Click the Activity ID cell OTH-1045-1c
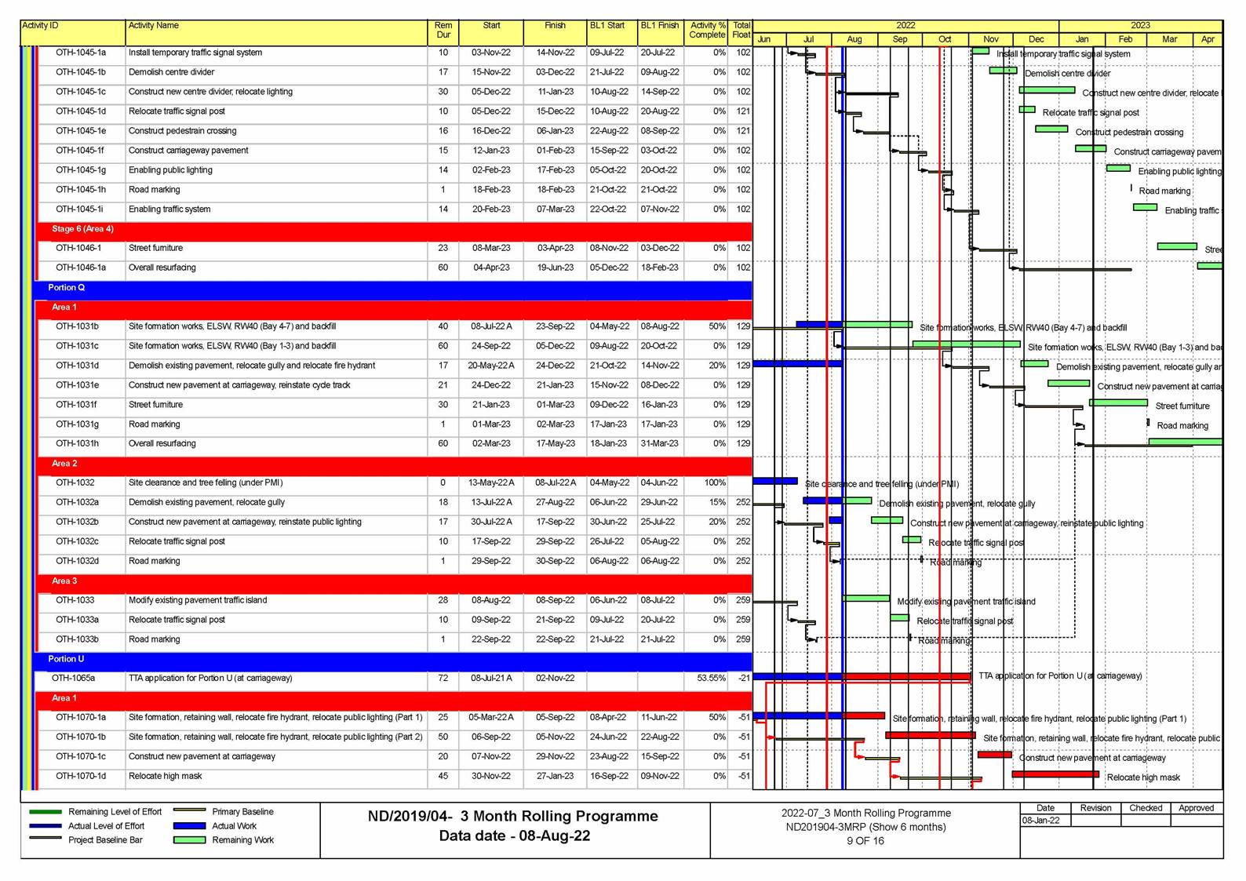click(x=80, y=92)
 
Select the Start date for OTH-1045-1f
click(x=490, y=151)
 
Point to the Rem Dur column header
click(x=443, y=31)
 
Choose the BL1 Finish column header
click(x=659, y=26)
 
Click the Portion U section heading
click(x=66, y=660)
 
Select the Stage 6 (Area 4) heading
click(x=82, y=229)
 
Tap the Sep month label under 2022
click(x=899, y=39)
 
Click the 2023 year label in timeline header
click(x=1140, y=26)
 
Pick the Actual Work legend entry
click(x=234, y=826)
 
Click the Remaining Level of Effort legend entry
click(x=115, y=812)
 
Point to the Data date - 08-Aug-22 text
click(x=514, y=836)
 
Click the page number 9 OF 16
click(x=865, y=841)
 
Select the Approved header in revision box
click(x=1196, y=808)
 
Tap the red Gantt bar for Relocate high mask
click(x=1055, y=774)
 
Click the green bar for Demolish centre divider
click(x=1003, y=71)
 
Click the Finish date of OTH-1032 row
click(x=555, y=483)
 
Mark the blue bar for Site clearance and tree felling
click(x=774, y=481)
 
